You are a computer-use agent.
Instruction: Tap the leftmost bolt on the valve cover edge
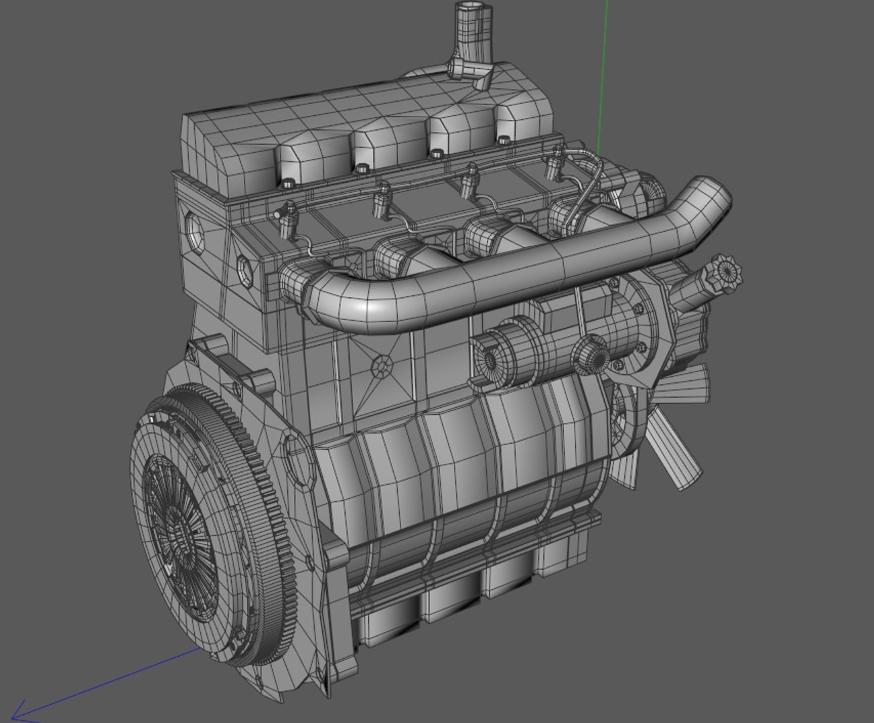[288, 182]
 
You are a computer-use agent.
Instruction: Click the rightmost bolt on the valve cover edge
[504, 139]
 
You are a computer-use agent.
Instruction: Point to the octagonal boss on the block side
[382, 366]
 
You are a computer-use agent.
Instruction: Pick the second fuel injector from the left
[382, 199]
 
